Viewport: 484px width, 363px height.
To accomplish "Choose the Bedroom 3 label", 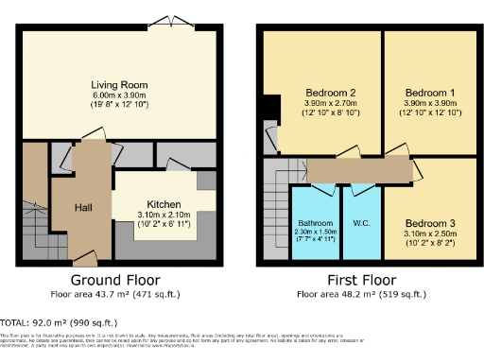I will tap(425, 223).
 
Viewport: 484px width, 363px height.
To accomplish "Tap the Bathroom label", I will tap(315, 223).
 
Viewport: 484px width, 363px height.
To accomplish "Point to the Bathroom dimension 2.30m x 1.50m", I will tap(315, 233).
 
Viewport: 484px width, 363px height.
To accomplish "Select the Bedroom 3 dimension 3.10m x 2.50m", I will tap(425, 233).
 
